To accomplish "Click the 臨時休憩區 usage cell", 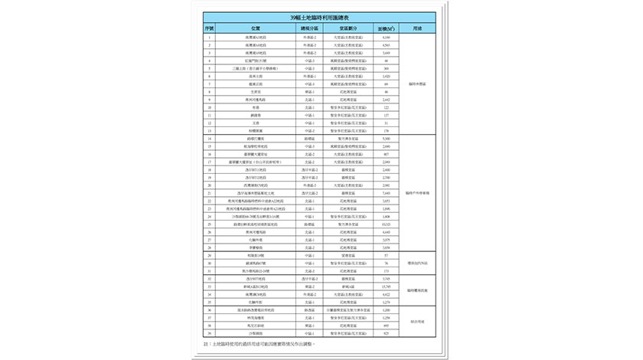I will [x=417, y=84].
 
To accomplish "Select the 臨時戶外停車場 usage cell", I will [x=417, y=193].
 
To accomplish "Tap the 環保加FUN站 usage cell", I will [x=417, y=263].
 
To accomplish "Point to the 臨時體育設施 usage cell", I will [x=417, y=290].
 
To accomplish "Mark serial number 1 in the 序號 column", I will [x=209, y=37].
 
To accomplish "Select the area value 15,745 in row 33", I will [x=387, y=286].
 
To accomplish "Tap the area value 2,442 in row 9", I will [x=387, y=100].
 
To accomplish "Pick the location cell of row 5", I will [x=256, y=68].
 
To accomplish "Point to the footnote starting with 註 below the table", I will [x=260, y=345].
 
